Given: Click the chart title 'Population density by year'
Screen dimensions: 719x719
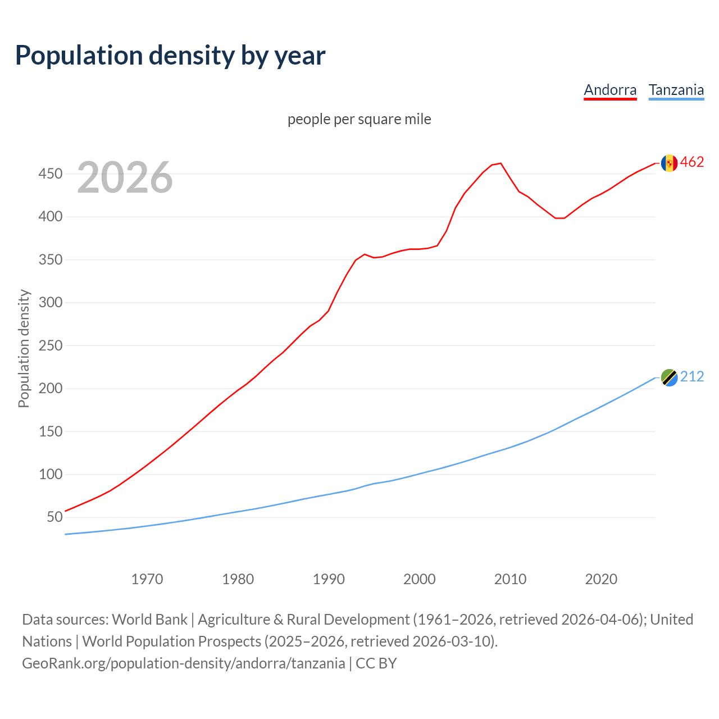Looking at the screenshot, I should pyautogui.click(x=170, y=56).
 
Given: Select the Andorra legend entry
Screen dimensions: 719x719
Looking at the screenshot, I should pyautogui.click(x=610, y=90).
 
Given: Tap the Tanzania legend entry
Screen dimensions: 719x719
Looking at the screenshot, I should pyautogui.click(x=676, y=90).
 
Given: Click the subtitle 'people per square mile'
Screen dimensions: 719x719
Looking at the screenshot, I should pyautogui.click(x=359, y=119).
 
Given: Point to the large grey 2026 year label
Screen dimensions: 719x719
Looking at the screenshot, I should pyautogui.click(x=125, y=178).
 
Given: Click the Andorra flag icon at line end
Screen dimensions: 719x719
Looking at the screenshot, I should pyautogui.click(x=669, y=163).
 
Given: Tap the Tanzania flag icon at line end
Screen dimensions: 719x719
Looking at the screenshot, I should pyautogui.click(x=669, y=377).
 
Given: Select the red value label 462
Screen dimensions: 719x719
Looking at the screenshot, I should pyautogui.click(x=692, y=162).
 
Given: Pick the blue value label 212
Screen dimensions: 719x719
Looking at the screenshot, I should pyautogui.click(x=692, y=377).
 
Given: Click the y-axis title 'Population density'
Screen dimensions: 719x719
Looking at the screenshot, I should pyautogui.click(x=24, y=348).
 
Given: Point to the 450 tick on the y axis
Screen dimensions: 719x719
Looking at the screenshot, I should pyautogui.click(x=50, y=174).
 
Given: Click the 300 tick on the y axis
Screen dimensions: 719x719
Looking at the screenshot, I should pyautogui.click(x=50, y=303).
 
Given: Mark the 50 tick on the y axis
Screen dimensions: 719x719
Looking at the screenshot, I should pyautogui.click(x=54, y=517).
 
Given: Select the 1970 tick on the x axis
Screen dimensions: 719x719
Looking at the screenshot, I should pyautogui.click(x=147, y=579).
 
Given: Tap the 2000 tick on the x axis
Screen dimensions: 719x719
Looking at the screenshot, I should pyautogui.click(x=420, y=579).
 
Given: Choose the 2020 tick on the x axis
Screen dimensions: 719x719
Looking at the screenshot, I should pyautogui.click(x=601, y=579).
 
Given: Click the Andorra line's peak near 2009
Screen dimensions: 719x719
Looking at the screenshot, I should pyautogui.click(x=500, y=163).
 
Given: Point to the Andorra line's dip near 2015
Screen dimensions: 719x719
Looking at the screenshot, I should pyautogui.click(x=559, y=218).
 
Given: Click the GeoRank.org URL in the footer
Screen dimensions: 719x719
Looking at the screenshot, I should pyautogui.click(x=183, y=663).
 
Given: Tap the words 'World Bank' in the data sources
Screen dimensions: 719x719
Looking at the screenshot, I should pyautogui.click(x=149, y=620).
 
